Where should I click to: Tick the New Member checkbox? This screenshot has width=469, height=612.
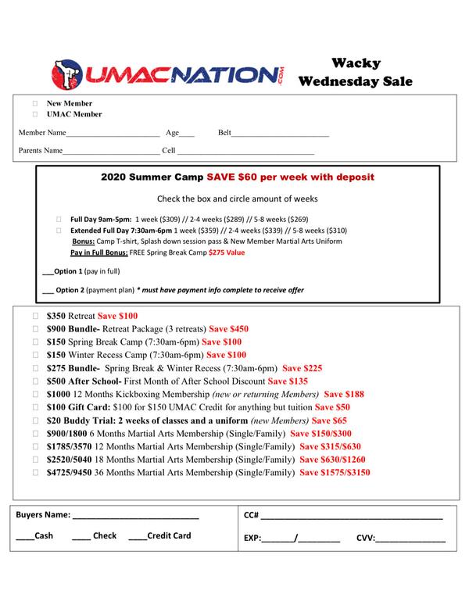[x=35, y=104]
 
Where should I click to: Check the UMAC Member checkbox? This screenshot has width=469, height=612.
[x=35, y=114]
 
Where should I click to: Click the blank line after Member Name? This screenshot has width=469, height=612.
[x=113, y=135]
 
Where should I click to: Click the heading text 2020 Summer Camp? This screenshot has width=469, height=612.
[x=152, y=177]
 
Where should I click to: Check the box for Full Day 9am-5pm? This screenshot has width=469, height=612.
[x=59, y=220]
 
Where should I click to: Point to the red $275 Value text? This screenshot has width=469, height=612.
[x=227, y=252]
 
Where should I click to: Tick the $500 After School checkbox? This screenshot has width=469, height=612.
[x=35, y=381]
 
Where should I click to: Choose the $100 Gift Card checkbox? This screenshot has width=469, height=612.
[x=35, y=407]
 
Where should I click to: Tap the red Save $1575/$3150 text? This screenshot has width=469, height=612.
[x=335, y=473]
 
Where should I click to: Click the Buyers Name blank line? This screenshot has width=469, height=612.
[x=136, y=517]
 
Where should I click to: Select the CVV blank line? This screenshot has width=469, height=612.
[x=412, y=540]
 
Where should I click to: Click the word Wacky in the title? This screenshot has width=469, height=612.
[x=360, y=63]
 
